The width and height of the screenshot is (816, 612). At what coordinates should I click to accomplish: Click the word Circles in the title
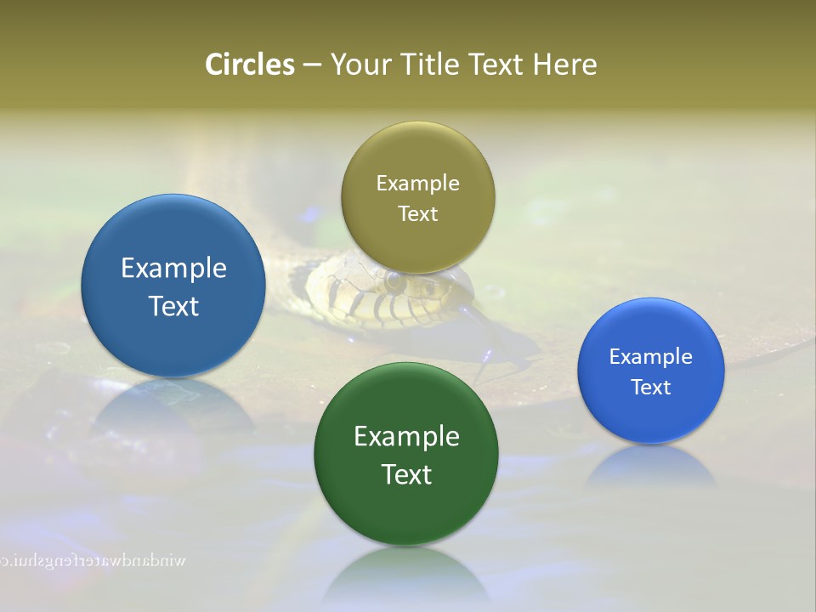(249, 65)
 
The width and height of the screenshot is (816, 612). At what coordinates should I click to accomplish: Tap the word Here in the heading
(564, 65)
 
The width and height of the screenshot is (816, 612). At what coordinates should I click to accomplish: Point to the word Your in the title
(360, 65)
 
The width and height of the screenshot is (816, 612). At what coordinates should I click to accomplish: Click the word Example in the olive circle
(417, 184)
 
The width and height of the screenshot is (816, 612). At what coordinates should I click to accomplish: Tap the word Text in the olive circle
(417, 214)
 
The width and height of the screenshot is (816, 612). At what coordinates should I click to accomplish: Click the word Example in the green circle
(406, 437)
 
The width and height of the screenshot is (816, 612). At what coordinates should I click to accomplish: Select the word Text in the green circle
(406, 474)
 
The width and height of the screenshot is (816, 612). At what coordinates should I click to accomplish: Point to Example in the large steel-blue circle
(173, 269)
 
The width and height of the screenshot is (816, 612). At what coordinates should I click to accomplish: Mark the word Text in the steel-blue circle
(173, 306)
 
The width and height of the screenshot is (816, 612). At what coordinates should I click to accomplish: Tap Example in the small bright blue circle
(651, 357)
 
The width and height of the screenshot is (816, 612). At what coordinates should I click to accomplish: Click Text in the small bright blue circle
(651, 388)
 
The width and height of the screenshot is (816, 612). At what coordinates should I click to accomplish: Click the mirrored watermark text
(93, 561)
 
